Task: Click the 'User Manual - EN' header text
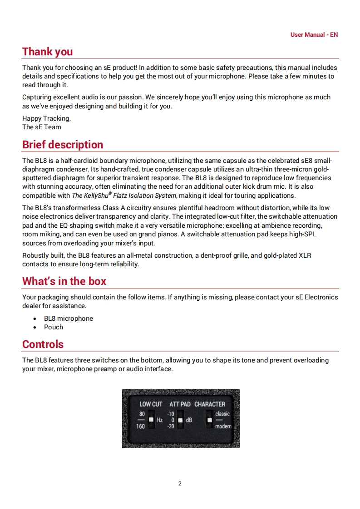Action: [x=314, y=34]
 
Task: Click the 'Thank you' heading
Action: [x=47, y=52]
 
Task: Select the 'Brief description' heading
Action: [x=63, y=145]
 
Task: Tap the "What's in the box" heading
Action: [x=64, y=281]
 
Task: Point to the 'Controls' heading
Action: [x=43, y=344]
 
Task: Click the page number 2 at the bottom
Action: [x=180, y=484]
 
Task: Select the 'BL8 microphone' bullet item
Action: [x=68, y=318]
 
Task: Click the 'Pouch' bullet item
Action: [x=54, y=327]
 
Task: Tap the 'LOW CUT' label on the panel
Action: [x=151, y=404]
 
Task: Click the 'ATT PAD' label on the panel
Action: [x=180, y=404]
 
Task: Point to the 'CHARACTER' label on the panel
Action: [x=210, y=404]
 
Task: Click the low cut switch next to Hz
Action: [x=151, y=420]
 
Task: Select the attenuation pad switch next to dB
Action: [x=180, y=420]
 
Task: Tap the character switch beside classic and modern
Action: [x=209, y=420]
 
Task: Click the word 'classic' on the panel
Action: [x=222, y=414]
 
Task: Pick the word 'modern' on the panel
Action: [x=223, y=426]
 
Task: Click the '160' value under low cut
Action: [x=141, y=426]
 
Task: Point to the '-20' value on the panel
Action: [x=171, y=426]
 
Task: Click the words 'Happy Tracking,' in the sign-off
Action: [x=46, y=118]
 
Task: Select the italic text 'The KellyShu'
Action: [x=90, y=196]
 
